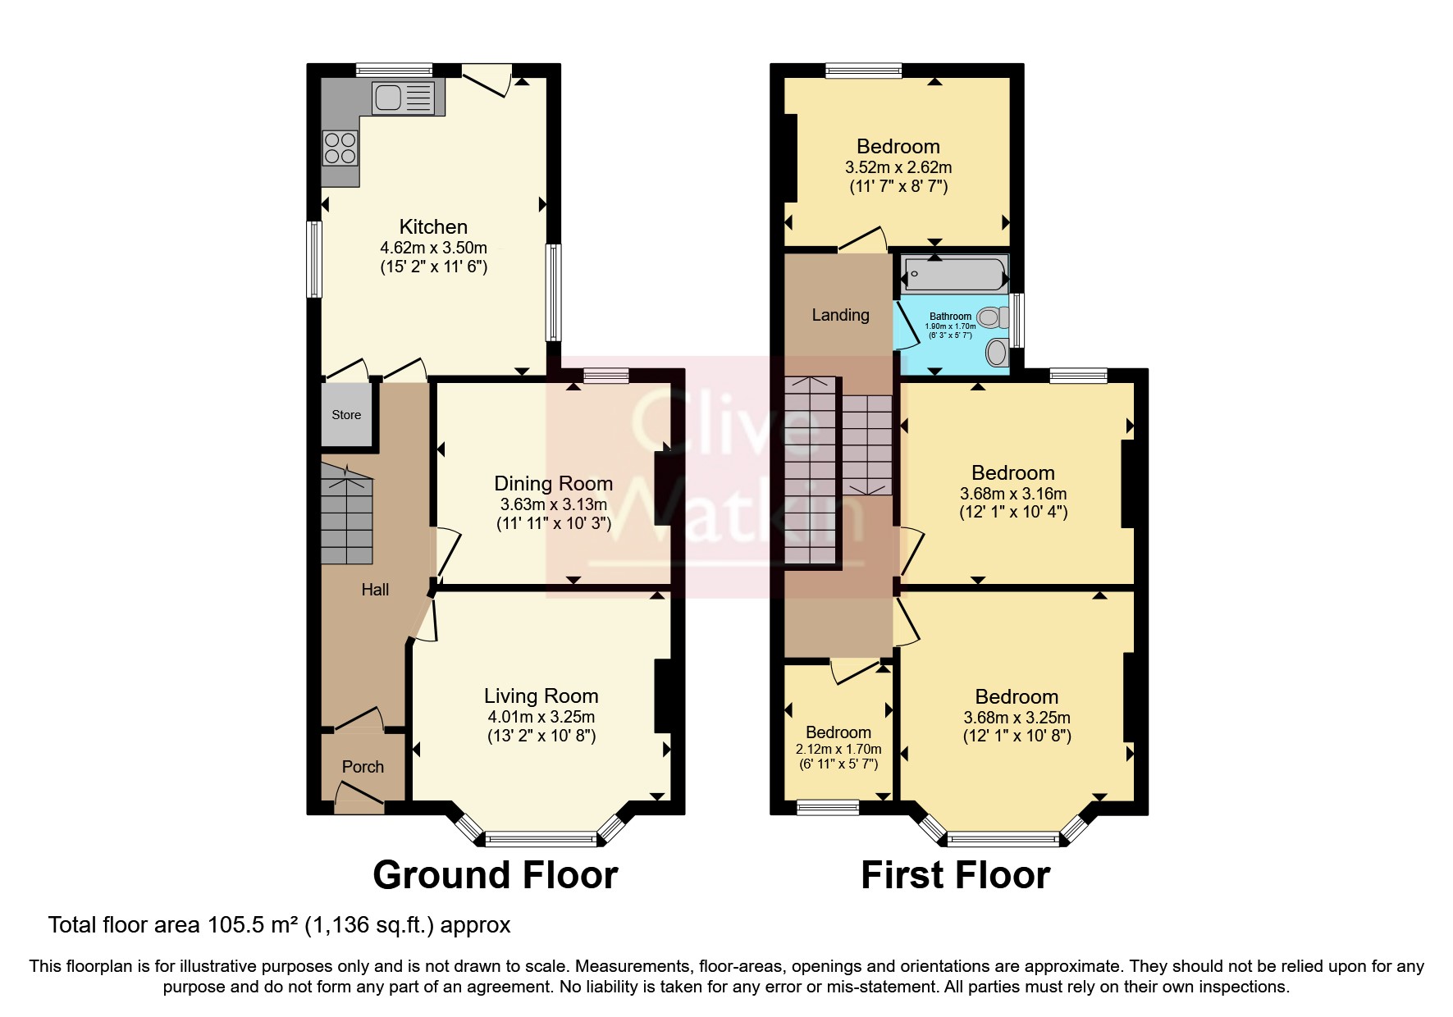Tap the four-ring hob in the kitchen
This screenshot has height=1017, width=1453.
340,148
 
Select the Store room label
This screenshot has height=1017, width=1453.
346,415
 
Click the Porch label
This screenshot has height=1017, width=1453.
363,767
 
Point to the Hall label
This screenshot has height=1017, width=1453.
375,590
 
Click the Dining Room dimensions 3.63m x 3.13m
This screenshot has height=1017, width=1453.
554,504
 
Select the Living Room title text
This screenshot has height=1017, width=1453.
541,696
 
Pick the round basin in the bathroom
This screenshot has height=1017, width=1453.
997,353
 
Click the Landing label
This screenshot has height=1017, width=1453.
840,315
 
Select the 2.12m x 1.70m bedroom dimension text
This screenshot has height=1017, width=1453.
838,749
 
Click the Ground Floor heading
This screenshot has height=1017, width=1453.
495,875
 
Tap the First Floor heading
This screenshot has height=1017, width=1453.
955,875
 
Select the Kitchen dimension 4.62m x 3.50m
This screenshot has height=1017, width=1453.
433,248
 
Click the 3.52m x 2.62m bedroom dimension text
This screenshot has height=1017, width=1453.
898,167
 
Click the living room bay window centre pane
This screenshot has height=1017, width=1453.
541,839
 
